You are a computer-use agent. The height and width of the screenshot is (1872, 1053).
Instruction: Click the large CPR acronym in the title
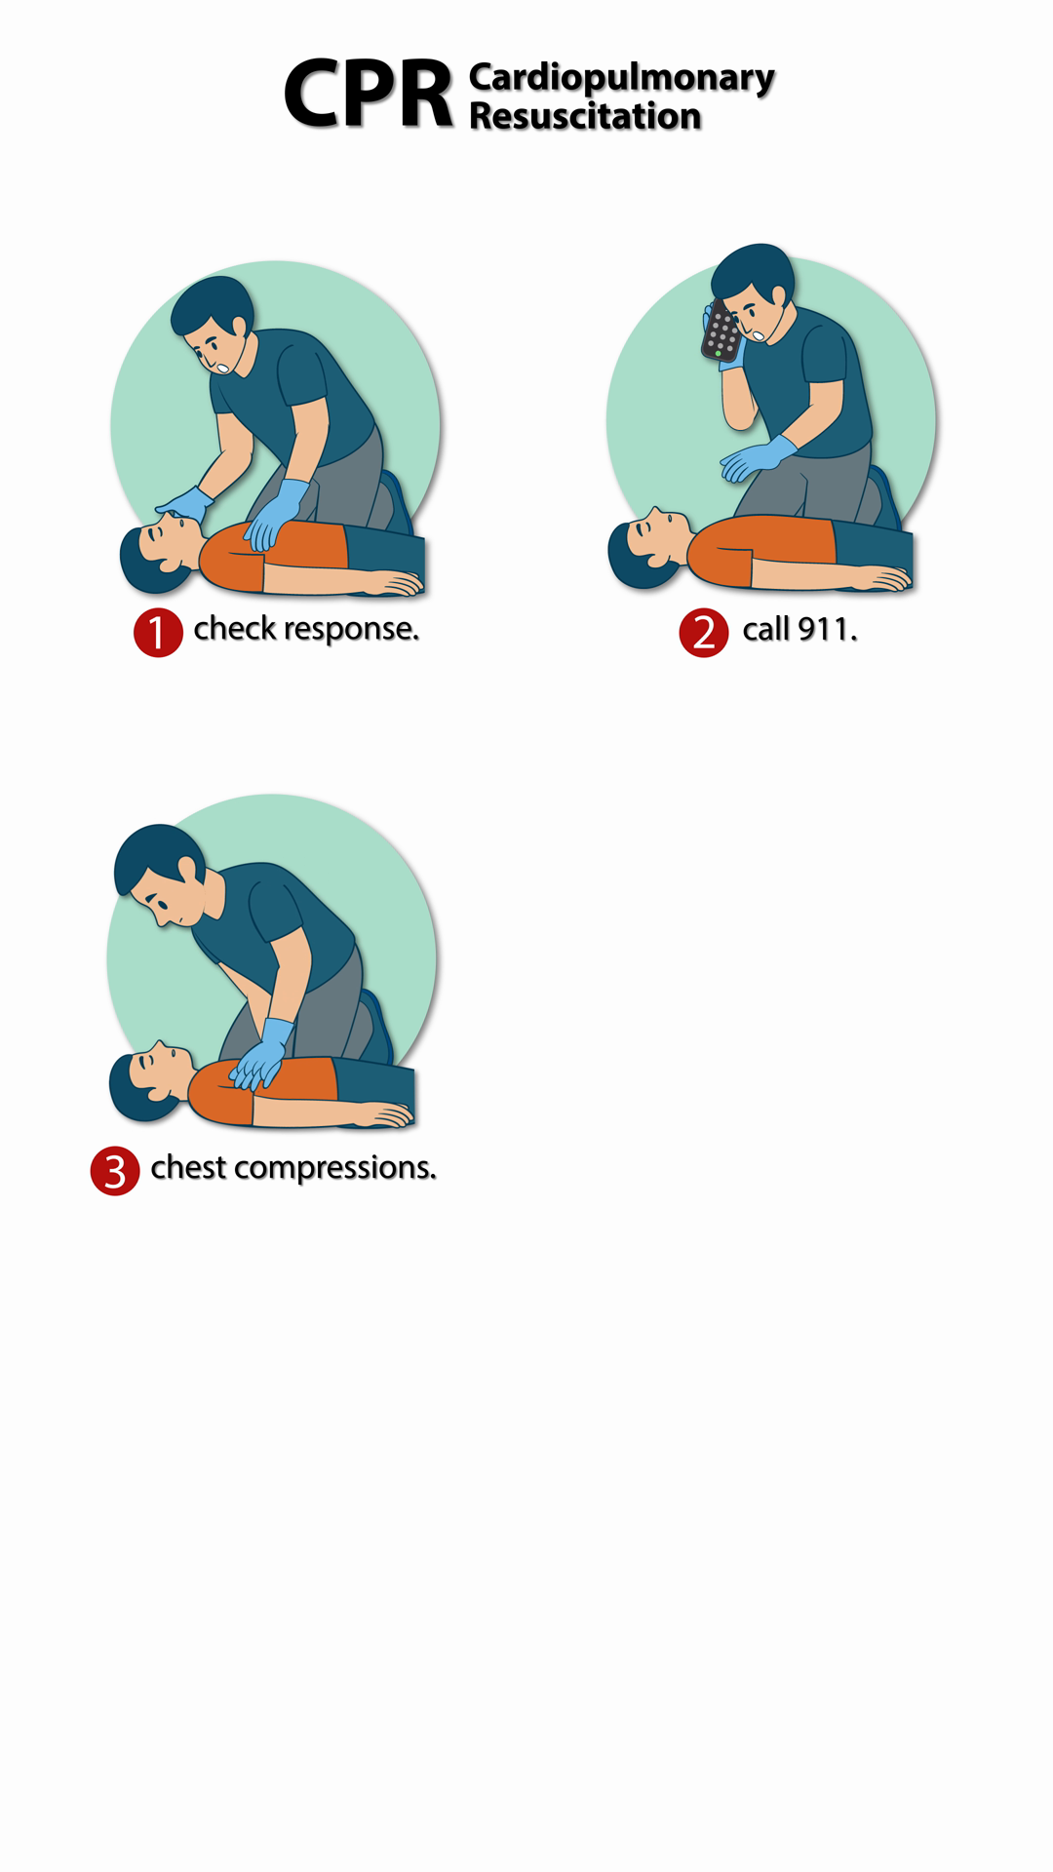369,94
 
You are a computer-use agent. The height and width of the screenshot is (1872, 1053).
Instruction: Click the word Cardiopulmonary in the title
621,78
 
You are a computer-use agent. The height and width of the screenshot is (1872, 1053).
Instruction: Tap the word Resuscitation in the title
585,116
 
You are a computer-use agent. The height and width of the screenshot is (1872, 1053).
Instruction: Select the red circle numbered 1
158,632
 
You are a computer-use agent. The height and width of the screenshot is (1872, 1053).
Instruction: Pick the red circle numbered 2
704,632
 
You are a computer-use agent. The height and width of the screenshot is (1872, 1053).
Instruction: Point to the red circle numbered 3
115,1170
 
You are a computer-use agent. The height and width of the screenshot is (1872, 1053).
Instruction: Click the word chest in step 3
188,1166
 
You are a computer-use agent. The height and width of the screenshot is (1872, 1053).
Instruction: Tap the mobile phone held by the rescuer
721,331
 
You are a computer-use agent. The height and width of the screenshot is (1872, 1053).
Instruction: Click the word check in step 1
235,628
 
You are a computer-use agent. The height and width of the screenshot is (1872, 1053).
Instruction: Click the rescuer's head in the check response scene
214,325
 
